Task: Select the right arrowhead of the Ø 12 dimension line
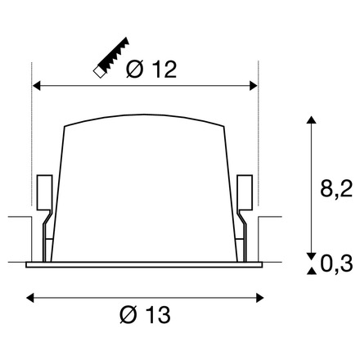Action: point(253,84)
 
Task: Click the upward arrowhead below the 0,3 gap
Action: point(310,271)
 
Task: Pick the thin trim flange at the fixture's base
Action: point(144,264)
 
